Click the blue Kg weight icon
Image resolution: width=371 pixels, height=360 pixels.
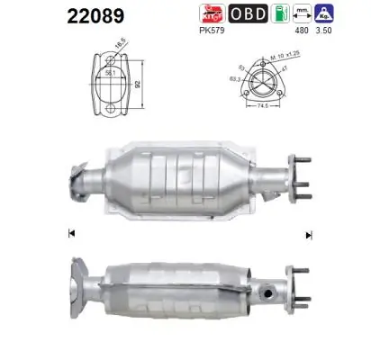[349, 14]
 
